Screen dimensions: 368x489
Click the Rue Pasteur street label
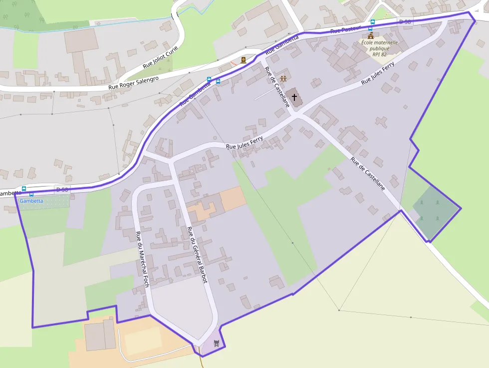[x=345, y=29]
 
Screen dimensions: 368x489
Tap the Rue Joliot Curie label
[x=160, y=57]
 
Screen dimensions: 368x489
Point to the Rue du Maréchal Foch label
[x=142, y=260]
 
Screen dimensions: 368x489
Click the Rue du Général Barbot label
[x=197, y=255]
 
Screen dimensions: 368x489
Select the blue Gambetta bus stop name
[x=31, y=201]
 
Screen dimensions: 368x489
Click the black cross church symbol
[x=294, y=97]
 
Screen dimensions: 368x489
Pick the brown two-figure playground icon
[x=283, y=78]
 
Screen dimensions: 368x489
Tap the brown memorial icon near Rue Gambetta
[x=244, y=60]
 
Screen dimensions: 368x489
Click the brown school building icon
[x=370, y=36]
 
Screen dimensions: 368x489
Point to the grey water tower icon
[x=216, y=343]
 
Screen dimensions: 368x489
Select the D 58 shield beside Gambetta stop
[x=62, y=189]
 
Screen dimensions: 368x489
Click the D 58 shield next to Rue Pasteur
[x=405, y=21]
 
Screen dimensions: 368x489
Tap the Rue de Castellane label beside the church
[x=277, y=86]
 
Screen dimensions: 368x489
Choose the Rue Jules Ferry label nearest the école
[x=378, y=73]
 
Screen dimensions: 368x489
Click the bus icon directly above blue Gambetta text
[x=31, y=194]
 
